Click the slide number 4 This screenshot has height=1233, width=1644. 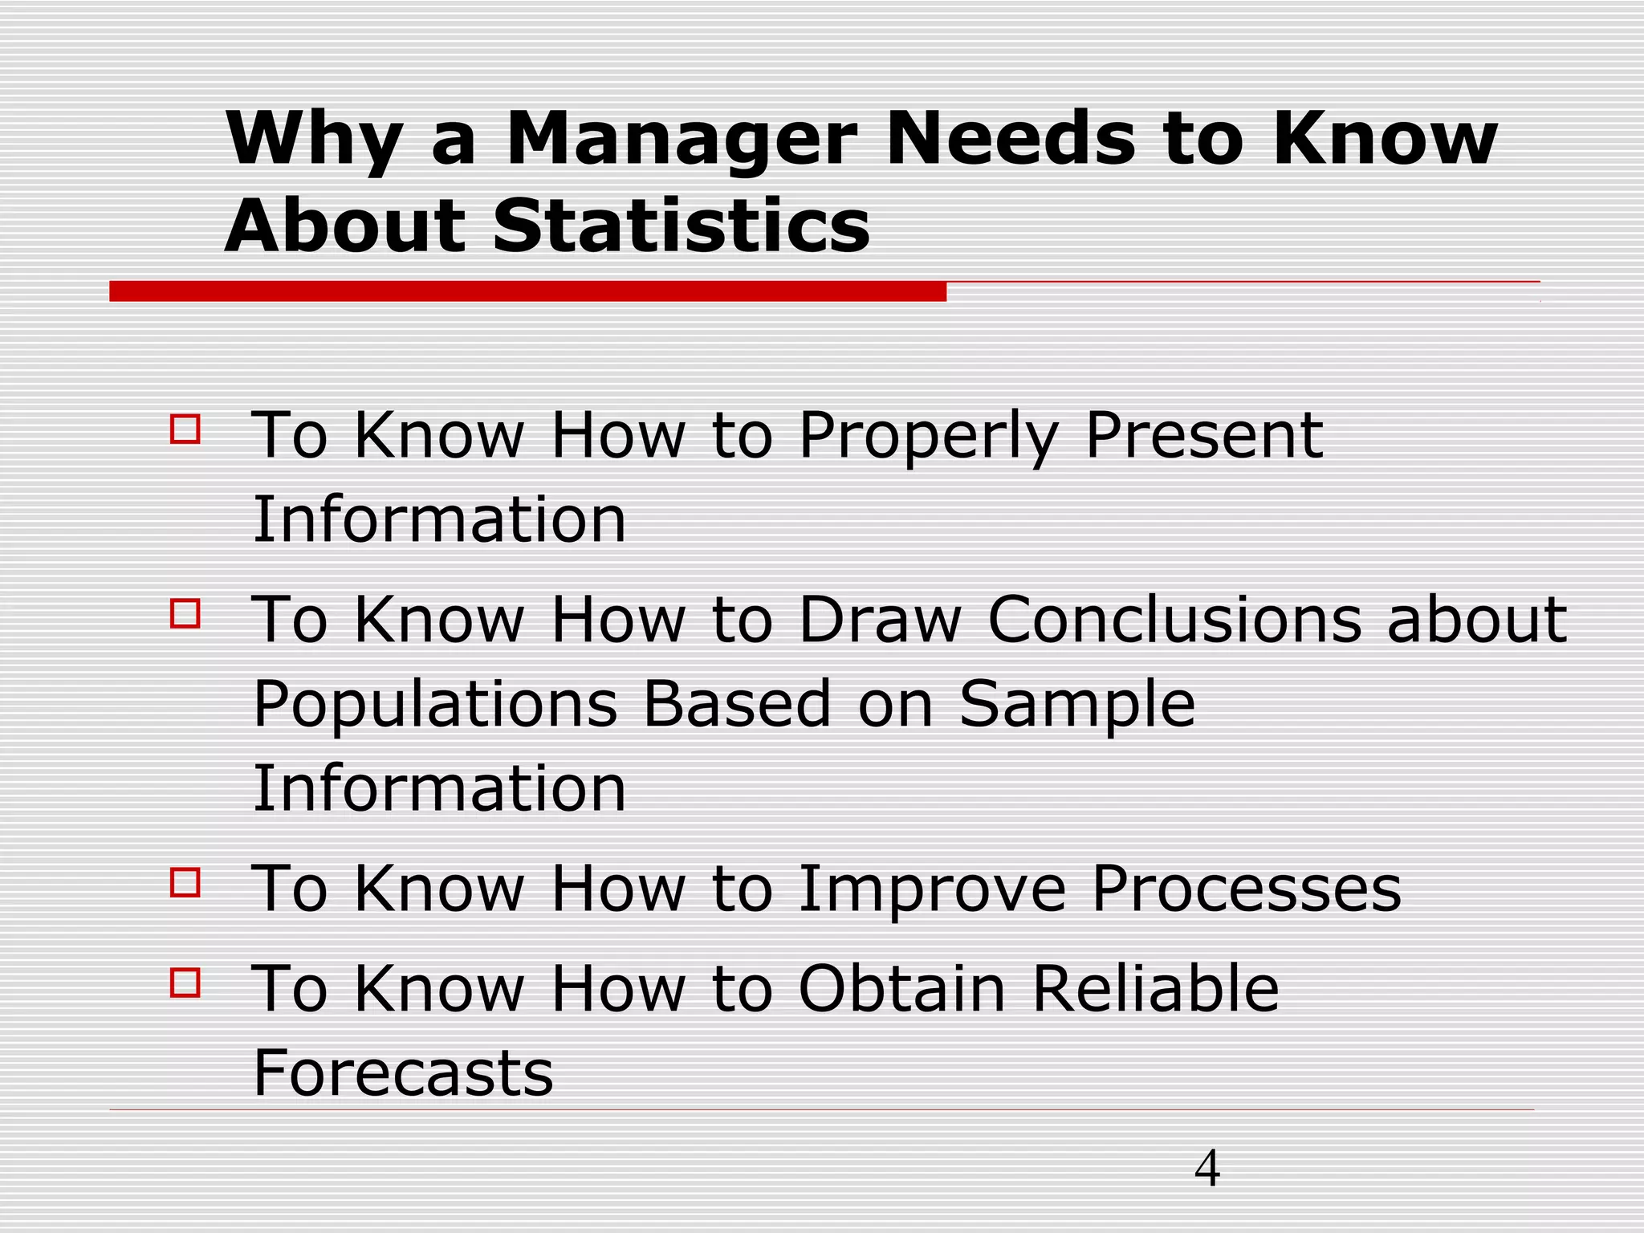click(1207, 1168)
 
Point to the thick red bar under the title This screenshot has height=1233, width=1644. click(527, 291)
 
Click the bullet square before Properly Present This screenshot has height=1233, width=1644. click(185, 428)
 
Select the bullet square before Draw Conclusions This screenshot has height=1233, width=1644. click(185, 613)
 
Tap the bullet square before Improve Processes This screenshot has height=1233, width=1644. click(185, 882)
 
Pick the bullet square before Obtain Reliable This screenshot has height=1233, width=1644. click(185, 982)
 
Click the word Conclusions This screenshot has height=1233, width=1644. click(1174, 621)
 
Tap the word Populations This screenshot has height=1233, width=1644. click(435, 705)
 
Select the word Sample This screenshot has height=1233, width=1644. click(1076, 705)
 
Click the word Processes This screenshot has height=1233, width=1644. click(1246, 889)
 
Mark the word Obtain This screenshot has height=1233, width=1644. click(901, 988)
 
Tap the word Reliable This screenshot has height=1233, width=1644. click(1155, 988)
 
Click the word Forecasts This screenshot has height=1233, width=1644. click(403, 1072)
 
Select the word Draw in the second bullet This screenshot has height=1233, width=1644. click(880, 621)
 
